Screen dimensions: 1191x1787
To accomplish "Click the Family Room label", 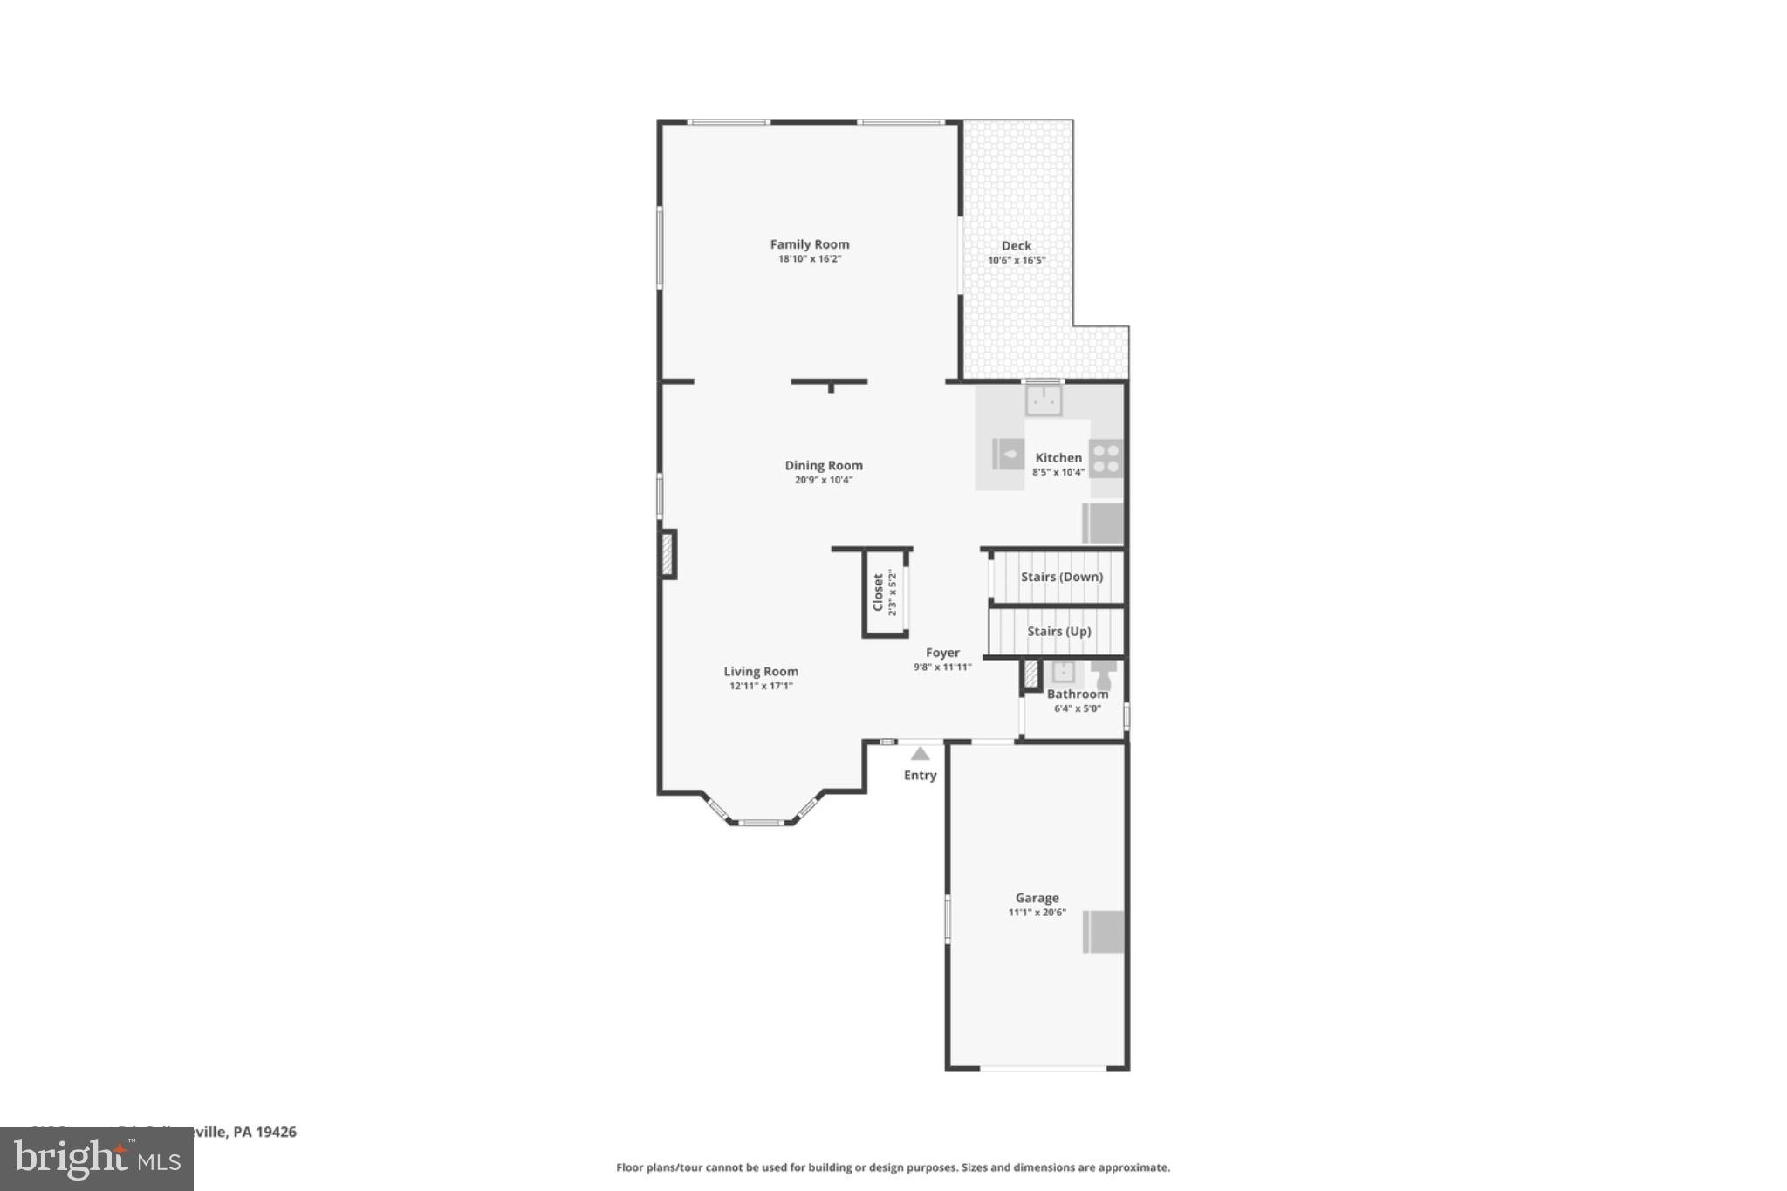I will [809, 244].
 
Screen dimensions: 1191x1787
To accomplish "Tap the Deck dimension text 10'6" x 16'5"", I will [1016, 260].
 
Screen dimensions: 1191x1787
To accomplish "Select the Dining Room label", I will [823, 465].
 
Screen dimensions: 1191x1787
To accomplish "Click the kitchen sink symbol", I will [1044, 401].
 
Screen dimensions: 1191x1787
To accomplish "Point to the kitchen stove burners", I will [1106, 459].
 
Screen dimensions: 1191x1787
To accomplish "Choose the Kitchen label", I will [1058, 457].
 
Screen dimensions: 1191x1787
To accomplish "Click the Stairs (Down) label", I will [1061, 577].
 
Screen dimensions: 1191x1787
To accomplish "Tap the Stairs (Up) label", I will [1058, 631].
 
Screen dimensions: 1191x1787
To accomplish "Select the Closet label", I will [878, 592].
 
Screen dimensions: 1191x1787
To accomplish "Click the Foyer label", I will [942, 653].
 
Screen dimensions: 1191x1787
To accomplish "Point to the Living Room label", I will [760, 671].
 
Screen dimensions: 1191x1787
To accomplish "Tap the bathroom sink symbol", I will [1063, 672].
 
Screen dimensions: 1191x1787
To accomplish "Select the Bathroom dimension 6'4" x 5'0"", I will [1077, 708].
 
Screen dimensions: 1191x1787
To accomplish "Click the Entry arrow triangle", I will [920, 754].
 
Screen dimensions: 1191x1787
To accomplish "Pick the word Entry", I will [920, 775].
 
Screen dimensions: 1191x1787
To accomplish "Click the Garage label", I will [1037, 898].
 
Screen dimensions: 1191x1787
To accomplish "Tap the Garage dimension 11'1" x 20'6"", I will [1037, 913].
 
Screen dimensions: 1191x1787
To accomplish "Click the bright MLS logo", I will [97, 1159].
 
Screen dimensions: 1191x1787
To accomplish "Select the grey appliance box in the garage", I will [1103, 932].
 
